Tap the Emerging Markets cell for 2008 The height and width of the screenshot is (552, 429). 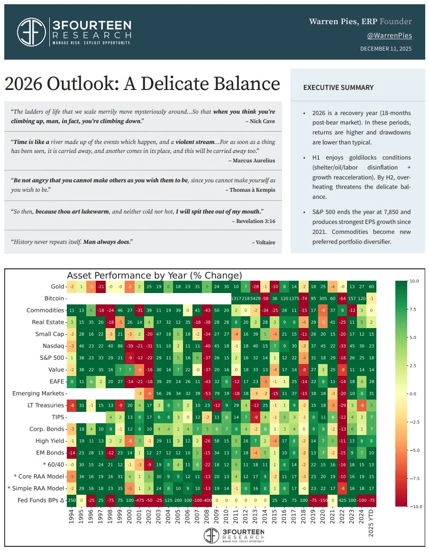(207, 393)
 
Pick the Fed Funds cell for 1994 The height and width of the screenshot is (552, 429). (72, 500)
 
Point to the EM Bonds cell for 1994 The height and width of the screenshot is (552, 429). (72, 453)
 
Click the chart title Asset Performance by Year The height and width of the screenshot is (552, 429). (155, 276)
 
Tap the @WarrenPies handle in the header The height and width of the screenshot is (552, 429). (389, 36)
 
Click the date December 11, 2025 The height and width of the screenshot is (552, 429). (385, 49)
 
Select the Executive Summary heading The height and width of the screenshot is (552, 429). (338, 88)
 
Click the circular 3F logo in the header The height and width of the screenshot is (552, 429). (31, 32)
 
